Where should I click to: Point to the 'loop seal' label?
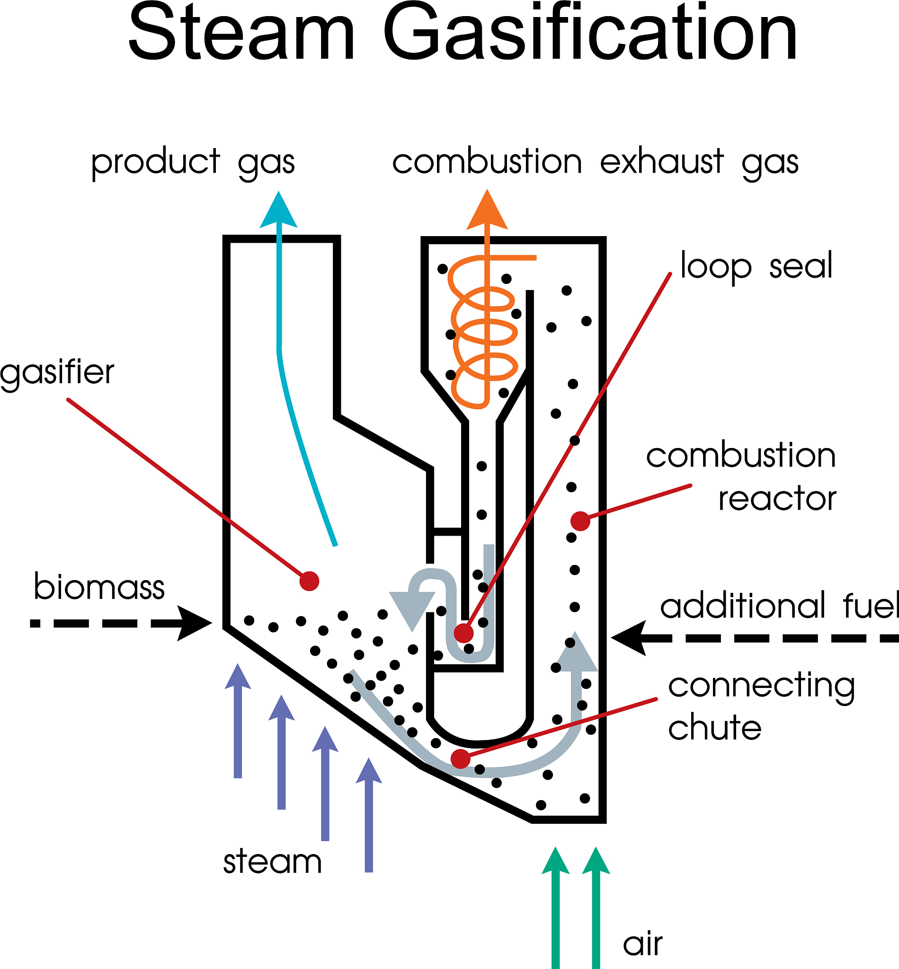tap(756, 266)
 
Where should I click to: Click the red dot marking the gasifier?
tap(310, 581)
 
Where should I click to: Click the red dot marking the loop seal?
tap(463, 633)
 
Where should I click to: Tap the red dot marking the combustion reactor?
tap(580, 521)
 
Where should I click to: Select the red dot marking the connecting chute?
tap(460, 758)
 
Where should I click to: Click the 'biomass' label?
tap(99, 587)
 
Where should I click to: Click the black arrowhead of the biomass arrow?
tap(195, 623)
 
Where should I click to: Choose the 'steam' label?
tap(272, 862)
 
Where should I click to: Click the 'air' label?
tap(642, 944)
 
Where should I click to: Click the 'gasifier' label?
tap(57, 373)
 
